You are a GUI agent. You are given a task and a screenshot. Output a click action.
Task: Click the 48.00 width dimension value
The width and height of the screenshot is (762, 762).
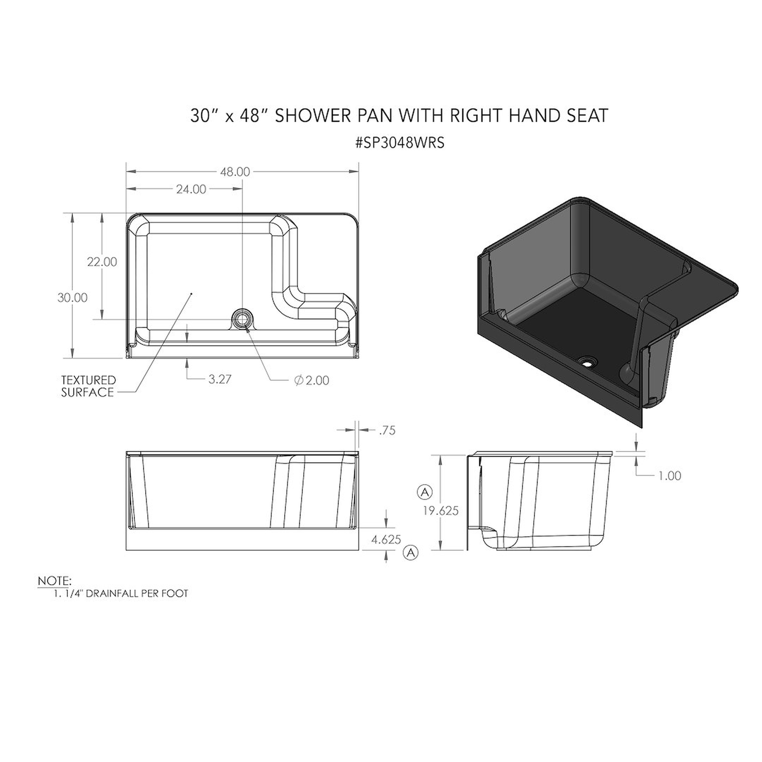point(235,172)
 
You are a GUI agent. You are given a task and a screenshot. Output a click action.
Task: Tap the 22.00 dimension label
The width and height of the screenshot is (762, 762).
point(102,262)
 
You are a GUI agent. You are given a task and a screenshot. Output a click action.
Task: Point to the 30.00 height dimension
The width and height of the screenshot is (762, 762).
point(72,298)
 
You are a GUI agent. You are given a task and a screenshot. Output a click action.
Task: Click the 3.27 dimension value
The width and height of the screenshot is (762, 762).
point(220,379)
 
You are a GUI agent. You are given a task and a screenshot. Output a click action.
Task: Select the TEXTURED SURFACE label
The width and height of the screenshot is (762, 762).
point(88,386)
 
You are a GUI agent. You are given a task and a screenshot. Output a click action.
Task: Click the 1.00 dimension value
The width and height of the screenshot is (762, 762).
point(670,476)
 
